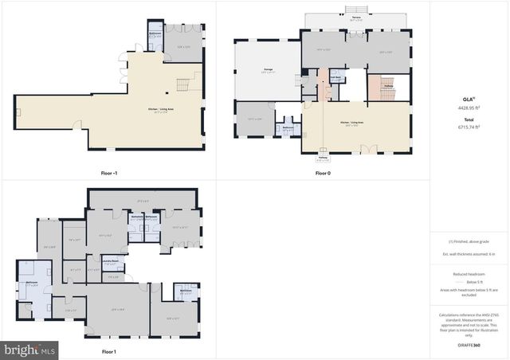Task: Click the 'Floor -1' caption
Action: [109, 172]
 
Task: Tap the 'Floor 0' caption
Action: [323, 172]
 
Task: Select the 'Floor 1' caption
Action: [109, 350]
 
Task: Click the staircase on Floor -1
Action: [183, 83]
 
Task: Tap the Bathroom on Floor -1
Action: [155, 35]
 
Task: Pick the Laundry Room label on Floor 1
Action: [110, 261]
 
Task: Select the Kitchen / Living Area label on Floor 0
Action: [351, 122]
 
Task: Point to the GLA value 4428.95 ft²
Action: [468, 107]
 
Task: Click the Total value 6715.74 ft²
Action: [468, 127]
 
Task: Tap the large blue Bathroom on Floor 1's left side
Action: [32, 285]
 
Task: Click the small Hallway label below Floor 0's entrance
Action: [323, 159]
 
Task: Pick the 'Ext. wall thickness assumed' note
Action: [468, 253]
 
